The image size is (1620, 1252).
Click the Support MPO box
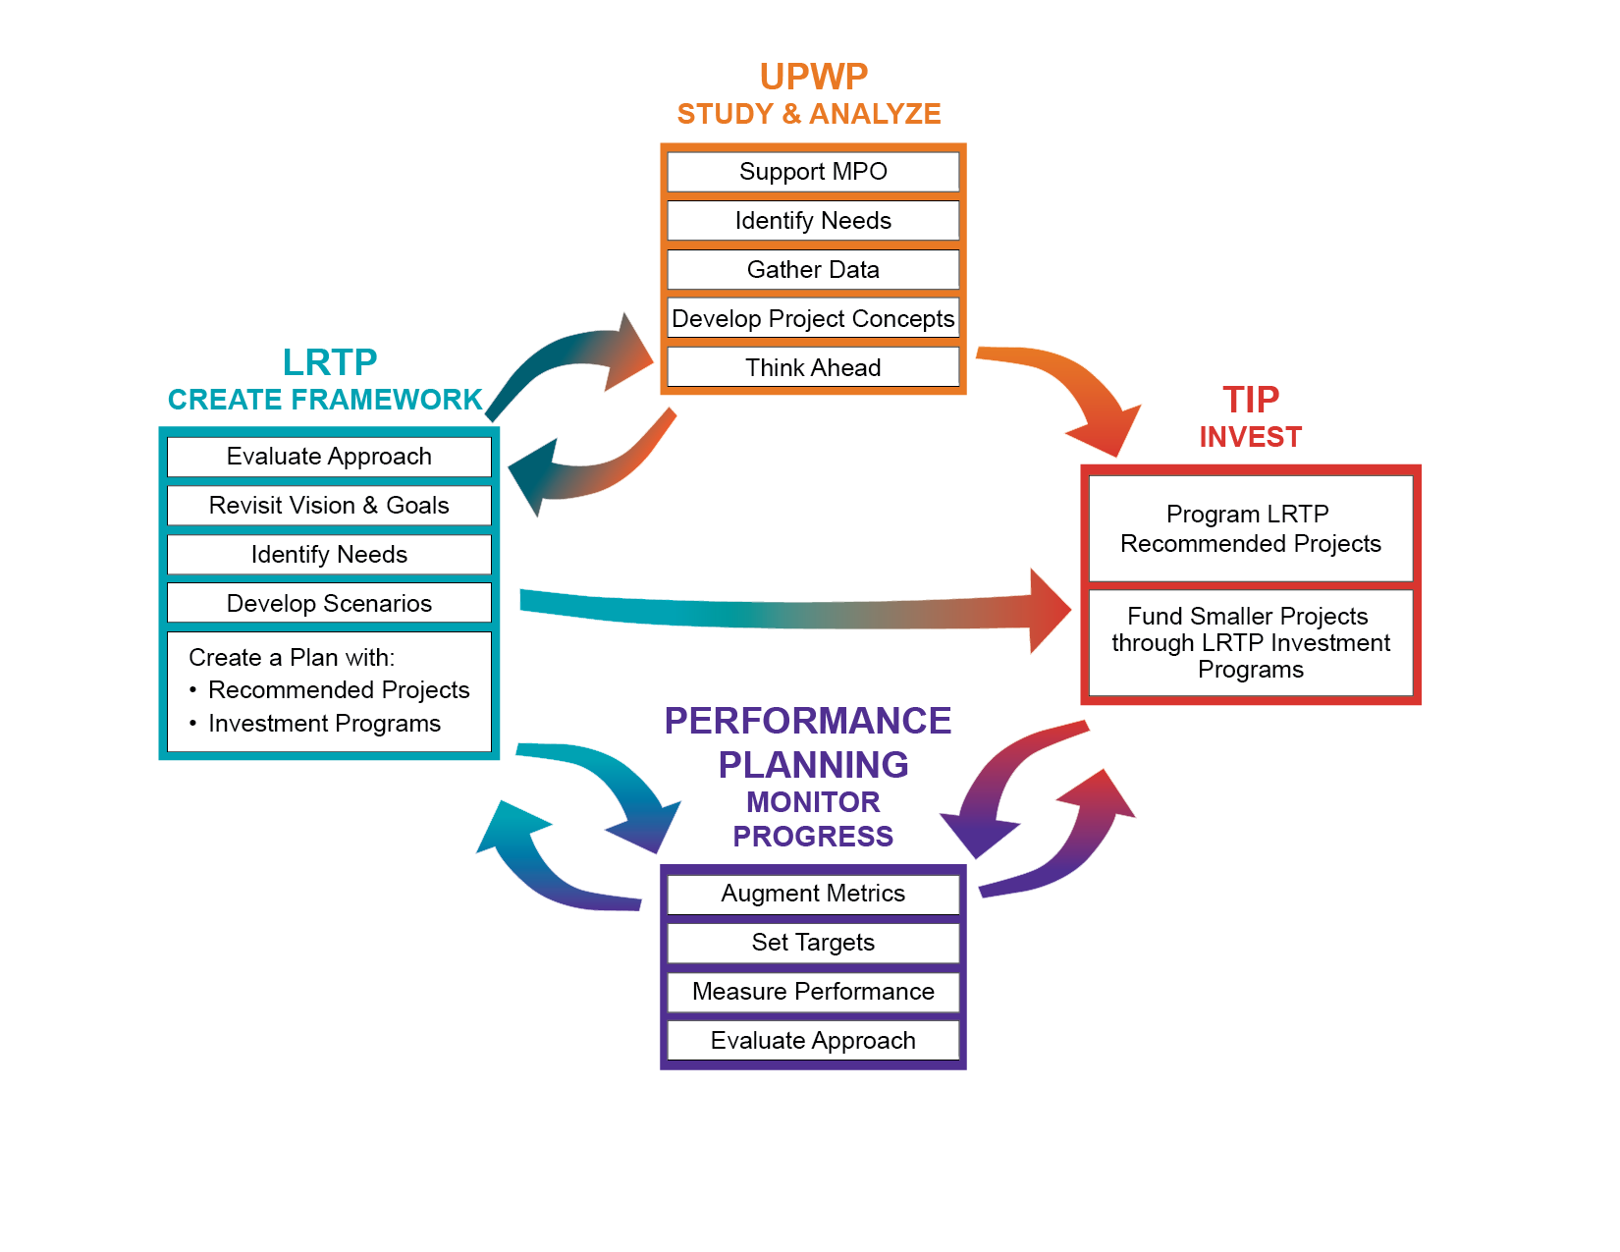pyautogui.click(x=813, y=172)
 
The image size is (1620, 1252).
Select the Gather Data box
pyautogui.click(x=813, y=270)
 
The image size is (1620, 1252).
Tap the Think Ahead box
pyautogui.click(x=813, y=368)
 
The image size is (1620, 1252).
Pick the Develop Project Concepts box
pyautogui.click(x=813, y=319)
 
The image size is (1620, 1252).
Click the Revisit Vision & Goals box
pyautogui.click(x=329, y=506)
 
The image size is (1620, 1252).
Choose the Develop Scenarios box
pyautogui.click(x=329, y=604)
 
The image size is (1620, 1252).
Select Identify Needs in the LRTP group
pyautogui.click(x=329, y=555)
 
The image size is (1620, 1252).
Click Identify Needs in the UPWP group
pyautogui.click(x=813, y=221)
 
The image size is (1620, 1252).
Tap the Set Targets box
pyautogui.click(x=813, y=943)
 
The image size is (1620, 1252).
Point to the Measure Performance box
pyautogui.click(x=813, y=992)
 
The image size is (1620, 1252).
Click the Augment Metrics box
pyautogui.click(x=813, y=894)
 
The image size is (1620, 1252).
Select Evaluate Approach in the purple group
pyautogui.click(x=813, y=1041)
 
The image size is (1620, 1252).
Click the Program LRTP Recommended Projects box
pyautogui.click(x=1250, y=529)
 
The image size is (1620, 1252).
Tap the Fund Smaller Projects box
pyautogui.click(x=1250, y=643)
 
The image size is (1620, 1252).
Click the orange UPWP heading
pyautogui.click(x=813, y=77)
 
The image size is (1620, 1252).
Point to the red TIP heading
pyautogui.click(x=1250, y=400)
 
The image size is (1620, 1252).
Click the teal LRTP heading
pyautogui.click(x=330, y=362)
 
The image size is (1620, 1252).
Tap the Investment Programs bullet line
pyautogui.click(x=324, y=724)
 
